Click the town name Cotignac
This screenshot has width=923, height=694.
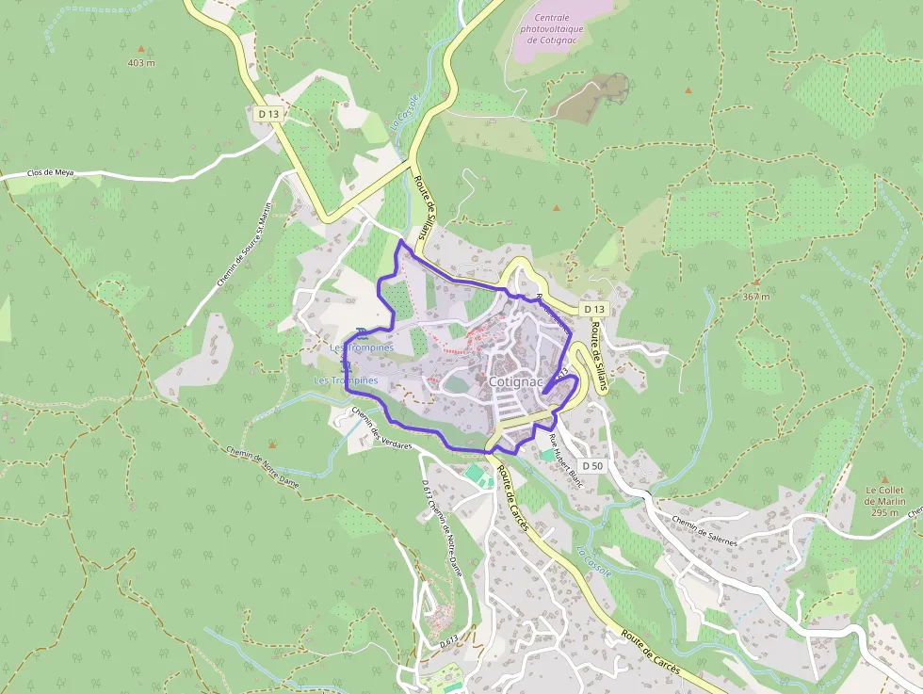tap(516, 382)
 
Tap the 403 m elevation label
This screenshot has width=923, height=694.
tap(141, 63)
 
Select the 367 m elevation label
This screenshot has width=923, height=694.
tap(755, 297)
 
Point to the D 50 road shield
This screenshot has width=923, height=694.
tap(591, 466)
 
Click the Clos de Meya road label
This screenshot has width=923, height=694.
tap(50, 173)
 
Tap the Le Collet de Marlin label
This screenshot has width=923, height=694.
tap(883, 501)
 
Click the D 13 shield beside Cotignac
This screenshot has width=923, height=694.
tap(592, 309)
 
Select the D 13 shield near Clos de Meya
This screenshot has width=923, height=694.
tap(268, 114)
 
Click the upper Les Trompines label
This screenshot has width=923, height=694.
tap(362, 347)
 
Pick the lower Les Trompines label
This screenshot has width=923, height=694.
tap(346, 380)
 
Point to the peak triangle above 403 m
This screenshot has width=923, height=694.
tap(142, 47)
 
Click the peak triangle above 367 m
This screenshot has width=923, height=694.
tap(755, 282)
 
